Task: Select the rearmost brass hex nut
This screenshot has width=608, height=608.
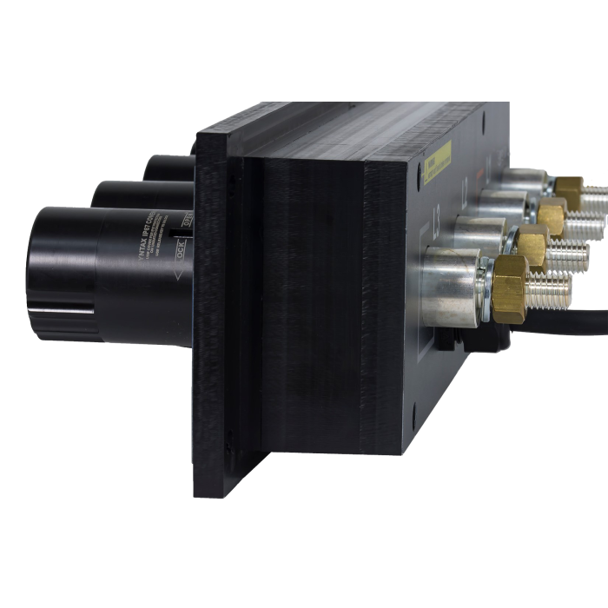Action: [x=569, y=187]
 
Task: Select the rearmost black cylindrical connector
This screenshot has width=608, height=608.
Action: [x=169, y=165]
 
